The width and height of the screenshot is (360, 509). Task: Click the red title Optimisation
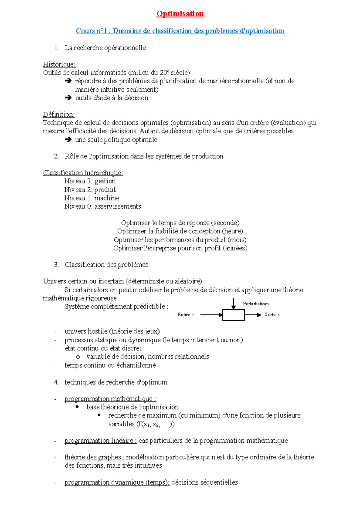tap(180, 14)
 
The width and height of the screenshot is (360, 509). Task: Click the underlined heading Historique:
tap(59, 64)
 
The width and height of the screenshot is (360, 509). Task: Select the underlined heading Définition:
tap(58, 115)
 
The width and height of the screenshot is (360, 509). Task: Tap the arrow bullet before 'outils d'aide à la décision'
tap(68, 98)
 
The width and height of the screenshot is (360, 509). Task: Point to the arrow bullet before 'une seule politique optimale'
tap(68, 140)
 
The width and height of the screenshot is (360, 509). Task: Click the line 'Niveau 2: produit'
tap(90, 190)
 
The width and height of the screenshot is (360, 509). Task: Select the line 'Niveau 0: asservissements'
tap(102, 207)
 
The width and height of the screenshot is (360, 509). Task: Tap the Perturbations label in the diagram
tap(256, 304)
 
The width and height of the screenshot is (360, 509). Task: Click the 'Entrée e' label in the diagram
tap(185, 315)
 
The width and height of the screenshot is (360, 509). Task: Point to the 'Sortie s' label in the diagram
tap(272, 315)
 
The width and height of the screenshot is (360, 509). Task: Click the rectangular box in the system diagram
tap(233, 315)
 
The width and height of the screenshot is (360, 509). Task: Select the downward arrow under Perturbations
tap(233, 304)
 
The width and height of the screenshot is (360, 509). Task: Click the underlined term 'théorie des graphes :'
tap(94, 457)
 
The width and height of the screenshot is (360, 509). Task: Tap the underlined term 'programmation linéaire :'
tap(100, 441)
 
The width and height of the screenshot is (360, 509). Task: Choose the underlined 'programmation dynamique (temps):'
tap(117, 483)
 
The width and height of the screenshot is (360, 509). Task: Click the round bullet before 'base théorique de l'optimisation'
tap(77, 407)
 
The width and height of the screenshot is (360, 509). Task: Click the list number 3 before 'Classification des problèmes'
tap(56, 265)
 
